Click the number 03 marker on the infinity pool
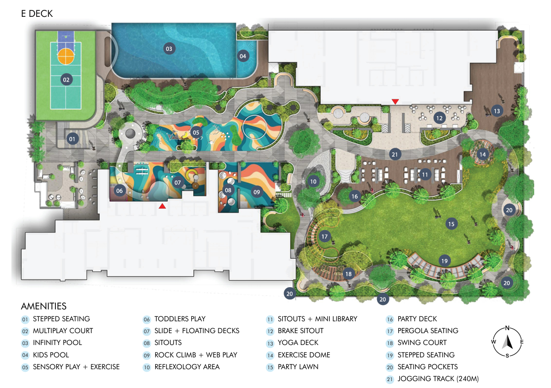point(169,49)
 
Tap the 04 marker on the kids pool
point(243,56)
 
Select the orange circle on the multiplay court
point(66,56)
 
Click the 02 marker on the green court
point(66,80)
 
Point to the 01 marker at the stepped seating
point(72,139)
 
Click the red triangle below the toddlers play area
point(162,206)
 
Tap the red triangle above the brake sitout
point(395,101)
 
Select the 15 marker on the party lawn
point(451,224)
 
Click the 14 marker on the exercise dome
point(483,154)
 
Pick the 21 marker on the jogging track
point(395,154)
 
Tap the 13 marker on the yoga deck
point(497,111)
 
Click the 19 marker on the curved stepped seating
point(445,261)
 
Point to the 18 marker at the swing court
point(348,274)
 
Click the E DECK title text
point(37,14)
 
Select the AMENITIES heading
point(44,306)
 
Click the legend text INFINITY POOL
point(57,343)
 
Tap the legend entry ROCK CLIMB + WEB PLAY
point(196,355)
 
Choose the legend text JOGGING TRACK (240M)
point(438,379)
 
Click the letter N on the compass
point(507,328)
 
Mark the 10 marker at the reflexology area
point(313,181)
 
